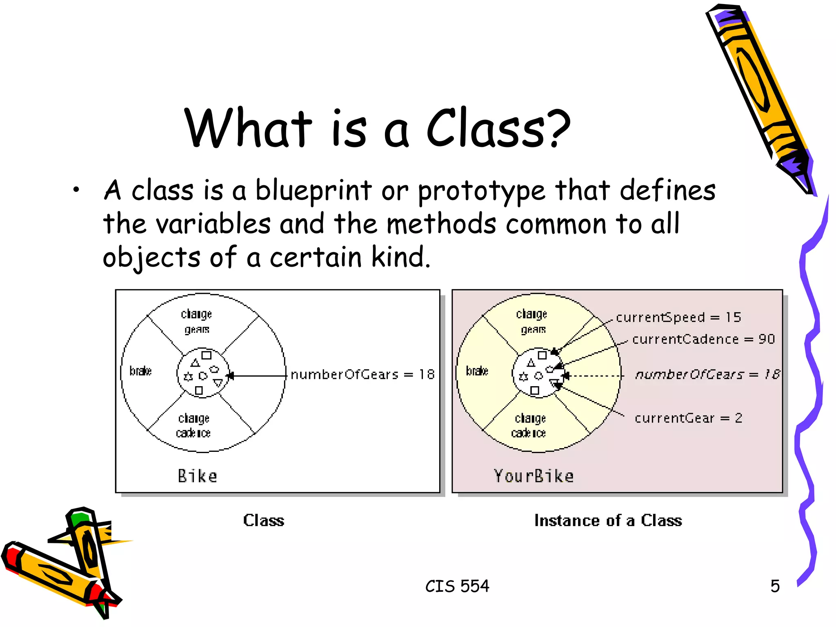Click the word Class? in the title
pyautogui.click(x=498, y=128)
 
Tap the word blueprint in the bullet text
pyautogui.click(x=313, y=191)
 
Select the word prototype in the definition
pyautogui.click(x=481, y=191)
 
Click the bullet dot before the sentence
pyautogui.click(x=76, y=189)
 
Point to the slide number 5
pyautogui.click(x=775, y=586)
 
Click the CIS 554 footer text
pyautogui.click(x=457, y=586)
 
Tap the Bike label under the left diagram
pyautogui.click(x=197, y=476)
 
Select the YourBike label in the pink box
pyautogui.click(x=534, y=476)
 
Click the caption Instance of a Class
pyautogui.click(x=608, y=520)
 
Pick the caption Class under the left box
pyautogui.click(x=264, y=520)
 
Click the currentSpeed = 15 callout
pyautogui.click(x=678, y=317)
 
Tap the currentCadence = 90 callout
pyautogui.click(x=703, y=339)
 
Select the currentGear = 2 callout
pyautogui.click(x=688, y=418)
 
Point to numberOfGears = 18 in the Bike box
pyautogui.click(x=362, y=374)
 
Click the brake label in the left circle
pyautogui.click(x=140, y=371)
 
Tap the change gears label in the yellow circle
pyautogui.click(x=532, y=322)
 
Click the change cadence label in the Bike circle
pyautogui.click(x=193, y=425)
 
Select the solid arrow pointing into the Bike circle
pyautogui.click(x=257, y=376)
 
